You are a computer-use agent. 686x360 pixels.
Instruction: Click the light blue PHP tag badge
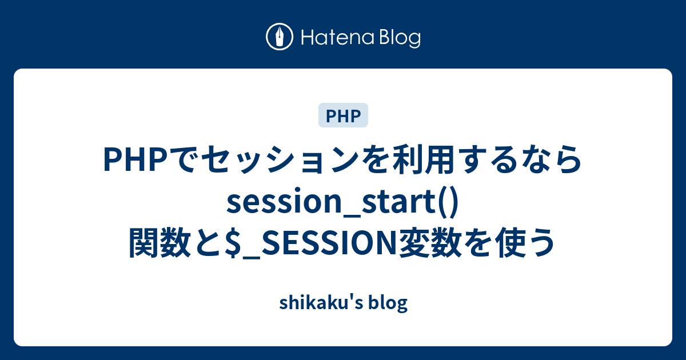343,116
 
